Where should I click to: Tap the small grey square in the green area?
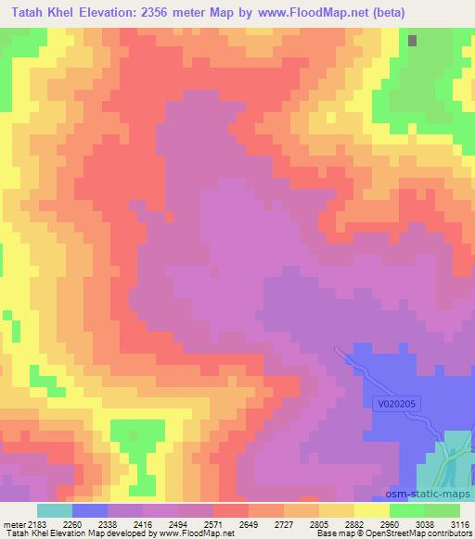coord(413,41)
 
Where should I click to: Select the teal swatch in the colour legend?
coord(54,510)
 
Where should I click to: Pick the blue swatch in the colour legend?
coord(89,510)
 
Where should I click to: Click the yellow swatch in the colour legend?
coord(371,510)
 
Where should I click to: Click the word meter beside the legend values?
coord(14,524)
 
